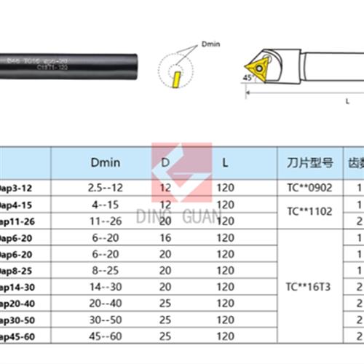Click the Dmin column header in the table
click(x=106, y=162)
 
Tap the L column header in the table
click(x=225, y=162)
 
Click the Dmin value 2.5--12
click(x=106, y=187)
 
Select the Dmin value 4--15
click(x=106, y=205)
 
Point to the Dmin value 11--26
click(x=106, y=219)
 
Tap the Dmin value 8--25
click(x=106, y=271)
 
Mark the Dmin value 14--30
click(x=106, y=288)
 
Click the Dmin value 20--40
click(x=106, y=304)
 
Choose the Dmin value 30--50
click(x=106, y=320)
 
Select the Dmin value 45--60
click(x=106, y=336)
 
